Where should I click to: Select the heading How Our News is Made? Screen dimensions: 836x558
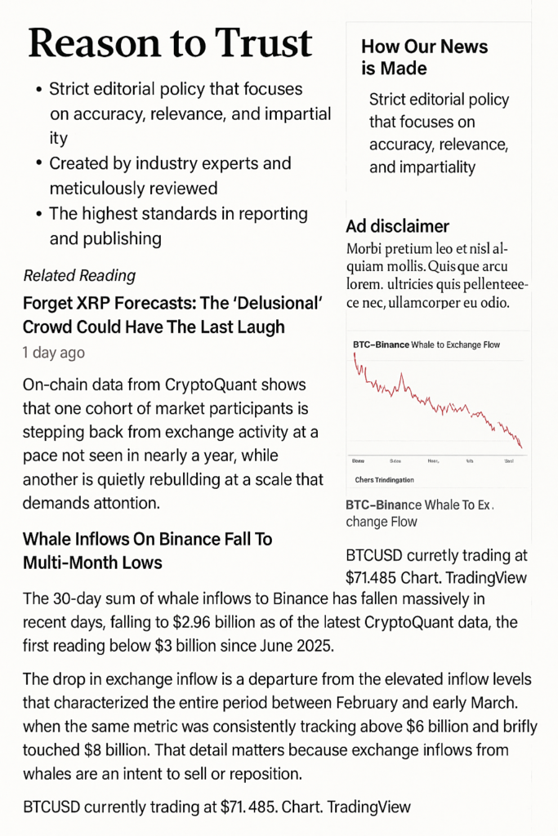click(424, 57)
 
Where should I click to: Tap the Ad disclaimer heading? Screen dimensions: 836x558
click(397, 226)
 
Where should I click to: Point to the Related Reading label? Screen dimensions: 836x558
click(79, 276)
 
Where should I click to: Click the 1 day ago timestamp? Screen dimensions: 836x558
click(53, 353)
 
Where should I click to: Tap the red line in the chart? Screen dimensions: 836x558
click(433, 403)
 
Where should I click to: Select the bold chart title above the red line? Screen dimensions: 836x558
click(384, 345)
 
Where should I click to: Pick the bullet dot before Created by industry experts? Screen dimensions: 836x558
click(38, 164)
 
